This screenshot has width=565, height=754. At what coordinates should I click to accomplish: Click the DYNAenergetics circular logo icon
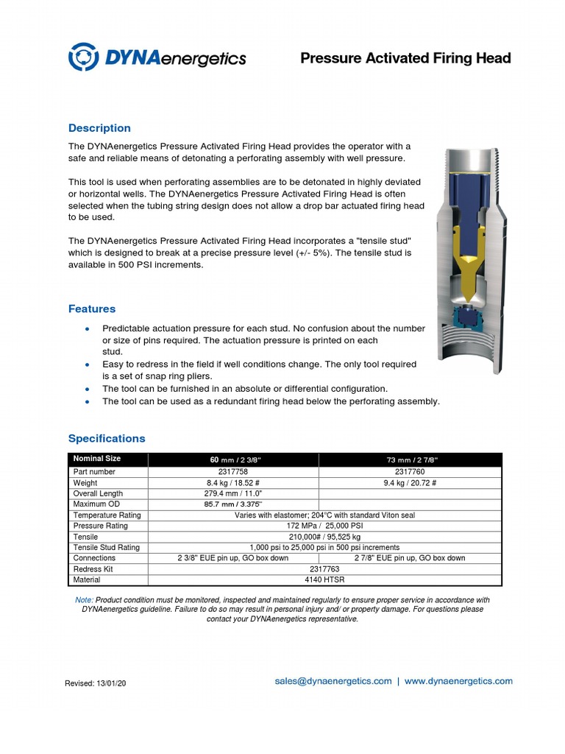coord(83,57)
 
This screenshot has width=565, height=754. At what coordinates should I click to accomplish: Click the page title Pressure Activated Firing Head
coord(405,58)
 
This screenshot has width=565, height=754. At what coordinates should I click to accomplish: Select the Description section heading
coord(99,128)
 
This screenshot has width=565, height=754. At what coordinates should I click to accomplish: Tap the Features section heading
coord(92,309)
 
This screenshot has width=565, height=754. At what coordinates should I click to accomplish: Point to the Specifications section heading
coord(107,439)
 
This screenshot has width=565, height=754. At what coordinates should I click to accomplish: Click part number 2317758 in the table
coord(233,471)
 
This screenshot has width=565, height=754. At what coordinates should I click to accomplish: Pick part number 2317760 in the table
coord(409,471)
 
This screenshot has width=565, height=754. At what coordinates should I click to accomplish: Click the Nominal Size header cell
coord(97,459)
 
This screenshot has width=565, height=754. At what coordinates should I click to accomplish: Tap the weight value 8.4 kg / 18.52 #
coord(233,483)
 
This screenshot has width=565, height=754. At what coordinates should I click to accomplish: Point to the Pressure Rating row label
coord(101,526)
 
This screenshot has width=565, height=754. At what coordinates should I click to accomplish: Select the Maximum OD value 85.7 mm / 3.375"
coord(233,504)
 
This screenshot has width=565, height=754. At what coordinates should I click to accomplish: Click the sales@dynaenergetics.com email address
coord(333,682)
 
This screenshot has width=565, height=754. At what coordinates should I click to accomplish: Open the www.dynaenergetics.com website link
coord(458,682)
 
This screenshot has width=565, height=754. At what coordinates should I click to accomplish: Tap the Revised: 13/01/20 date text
coord(96,684)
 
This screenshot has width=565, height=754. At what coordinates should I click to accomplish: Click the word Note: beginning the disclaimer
coord(84,600)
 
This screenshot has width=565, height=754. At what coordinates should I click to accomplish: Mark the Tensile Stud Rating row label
coord(107,548)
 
